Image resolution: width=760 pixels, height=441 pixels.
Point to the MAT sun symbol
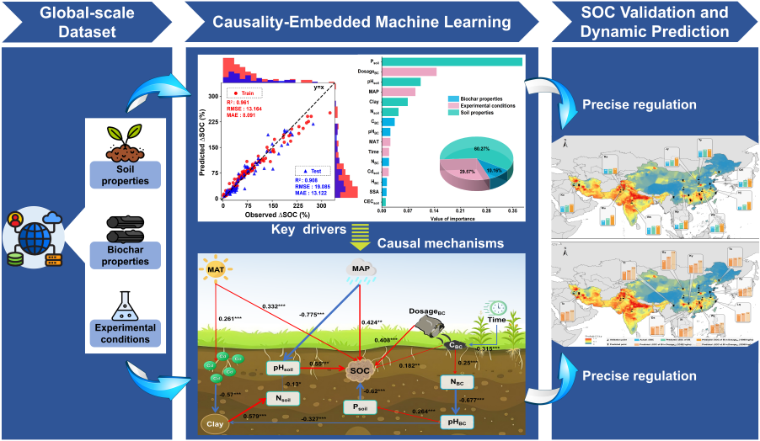click(x=215, y=271)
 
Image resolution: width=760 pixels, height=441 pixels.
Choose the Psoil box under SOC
click(x=361, y=407)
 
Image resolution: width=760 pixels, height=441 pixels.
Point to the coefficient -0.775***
click(x=313, y=316)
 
